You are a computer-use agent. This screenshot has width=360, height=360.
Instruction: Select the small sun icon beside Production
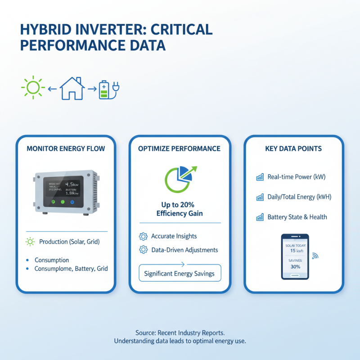coord(30,242)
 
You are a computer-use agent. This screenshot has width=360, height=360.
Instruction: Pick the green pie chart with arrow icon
coord(179,178)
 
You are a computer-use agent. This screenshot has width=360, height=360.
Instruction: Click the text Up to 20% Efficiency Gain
coord(180,209)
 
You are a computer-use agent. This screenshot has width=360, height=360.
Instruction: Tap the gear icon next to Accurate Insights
coord(144,236)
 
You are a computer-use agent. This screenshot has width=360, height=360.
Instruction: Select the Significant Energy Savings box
coord(180,273)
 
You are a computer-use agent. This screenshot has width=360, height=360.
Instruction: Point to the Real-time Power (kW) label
coord(296,177)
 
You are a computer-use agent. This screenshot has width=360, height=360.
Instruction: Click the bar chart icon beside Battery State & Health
coord(260,217)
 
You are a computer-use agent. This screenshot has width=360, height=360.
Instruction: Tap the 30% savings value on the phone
coord(295,266)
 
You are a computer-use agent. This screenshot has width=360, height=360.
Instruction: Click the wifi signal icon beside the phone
coord(315,256)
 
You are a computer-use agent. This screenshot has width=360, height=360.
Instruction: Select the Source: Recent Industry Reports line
coord(180,333)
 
